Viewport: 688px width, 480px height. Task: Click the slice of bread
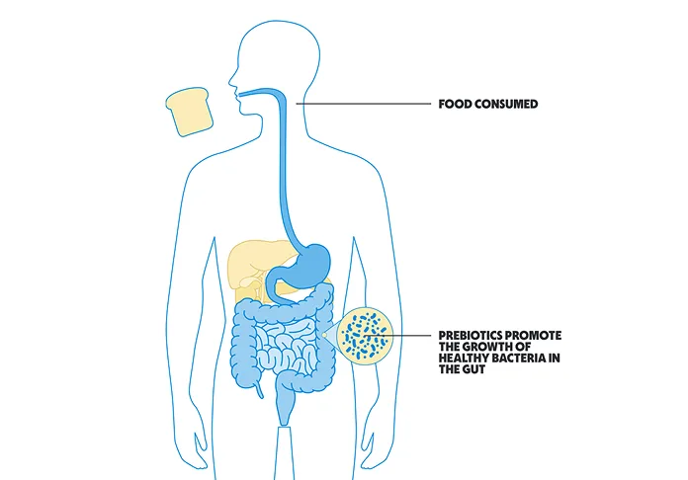pyautogui.click(x=189, y=112)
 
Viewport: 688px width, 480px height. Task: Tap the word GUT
pyautogui.click(x=475, y=369)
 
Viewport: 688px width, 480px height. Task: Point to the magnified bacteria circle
pyautogui.click(x=365, y=336)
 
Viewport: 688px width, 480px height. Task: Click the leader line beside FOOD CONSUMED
pyautogui.click(x=364, y=104)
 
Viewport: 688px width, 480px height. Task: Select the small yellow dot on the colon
pyautogui.click(x=324, y=336)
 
